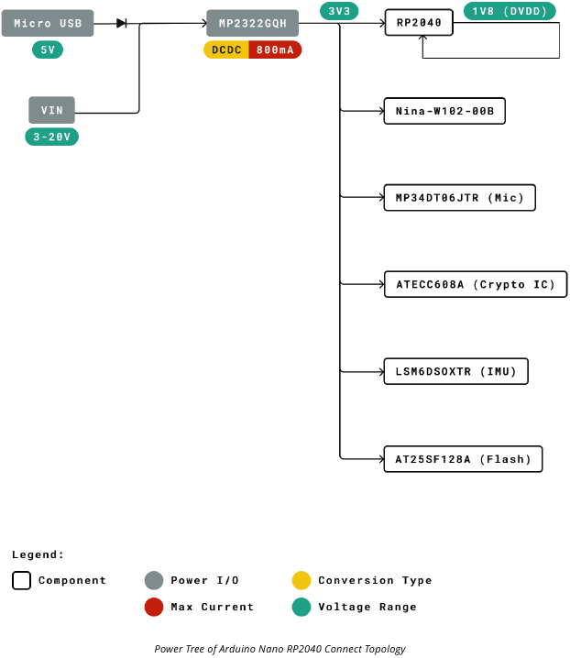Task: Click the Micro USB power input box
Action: (x=48, y=23)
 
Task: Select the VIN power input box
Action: (x=51, y=110)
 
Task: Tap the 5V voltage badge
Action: (x=48, y=49)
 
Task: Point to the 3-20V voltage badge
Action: (x=51, y=137)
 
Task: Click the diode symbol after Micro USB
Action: (x=121, y=23)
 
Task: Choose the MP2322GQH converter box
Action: (x=252, y=23)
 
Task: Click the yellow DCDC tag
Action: (x=226, y=49)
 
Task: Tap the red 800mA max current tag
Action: (x=275, y=49)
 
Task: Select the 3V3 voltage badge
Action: (x=339, y=11)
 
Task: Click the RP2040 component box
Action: (x=419, y=23)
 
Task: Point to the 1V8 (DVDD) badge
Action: (x=510, y=11)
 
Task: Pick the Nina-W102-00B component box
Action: (x=444, y=111)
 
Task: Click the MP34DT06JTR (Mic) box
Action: (x=459, y=198)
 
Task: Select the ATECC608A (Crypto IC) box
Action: (x=475, y=284)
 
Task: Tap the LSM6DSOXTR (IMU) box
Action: (x=455, y=371)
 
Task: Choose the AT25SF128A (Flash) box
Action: (x=463, y=459)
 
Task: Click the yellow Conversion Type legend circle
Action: (x=301, y=580)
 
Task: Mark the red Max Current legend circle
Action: (x=154, y=607)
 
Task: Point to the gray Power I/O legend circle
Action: (x=154, y=580)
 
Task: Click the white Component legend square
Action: (x=22, y=580)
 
